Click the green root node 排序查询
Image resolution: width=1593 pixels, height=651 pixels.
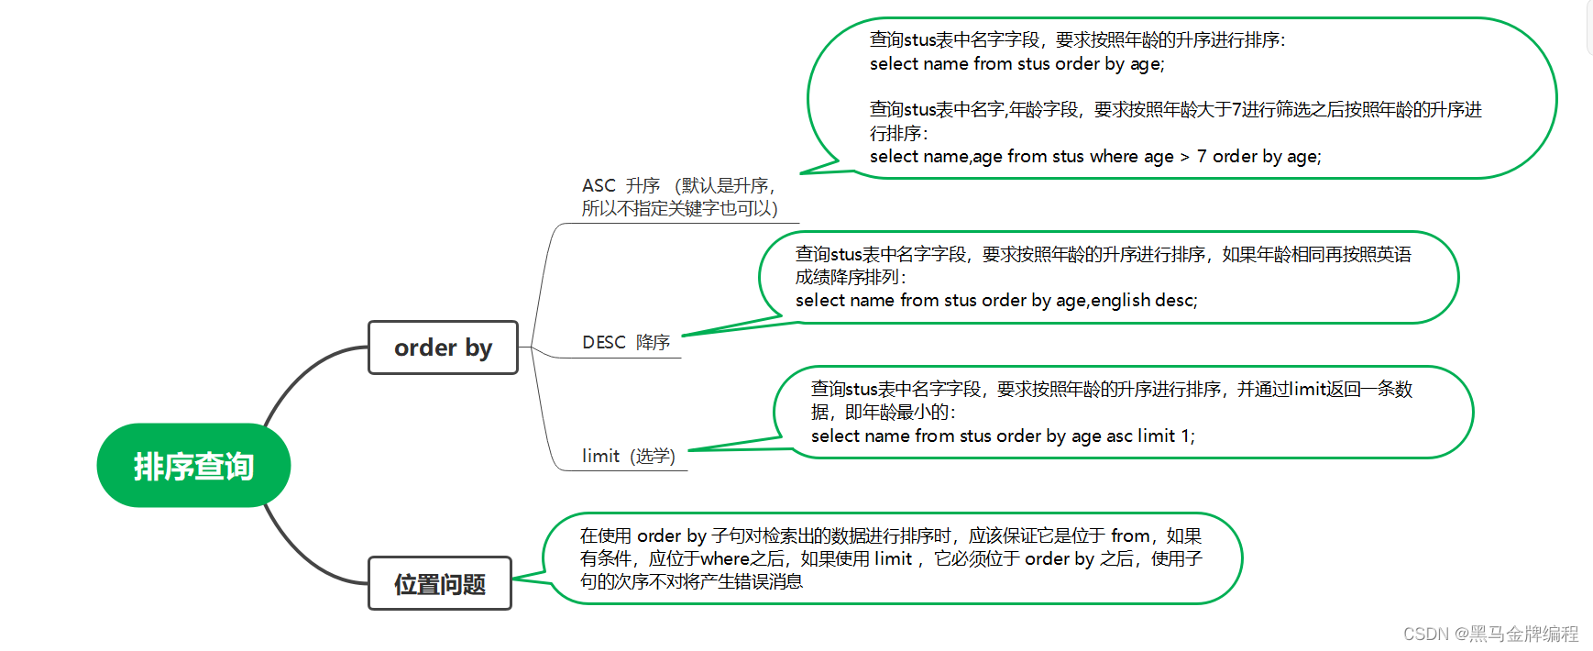193,466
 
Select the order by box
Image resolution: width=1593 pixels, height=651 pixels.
443,348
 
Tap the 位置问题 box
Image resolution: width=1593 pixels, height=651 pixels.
440,584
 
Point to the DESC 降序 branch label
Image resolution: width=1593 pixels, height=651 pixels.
626,342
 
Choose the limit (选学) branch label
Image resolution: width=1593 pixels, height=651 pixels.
628,456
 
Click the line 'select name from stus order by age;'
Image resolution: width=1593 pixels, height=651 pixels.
1016,64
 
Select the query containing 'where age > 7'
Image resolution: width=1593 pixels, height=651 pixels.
1095,157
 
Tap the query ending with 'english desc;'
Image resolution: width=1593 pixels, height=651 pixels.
996,301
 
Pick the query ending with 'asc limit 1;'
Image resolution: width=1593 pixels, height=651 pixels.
1003,436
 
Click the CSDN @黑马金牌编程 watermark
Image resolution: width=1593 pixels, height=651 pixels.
1490,634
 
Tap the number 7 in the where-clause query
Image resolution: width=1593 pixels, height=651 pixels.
1202,157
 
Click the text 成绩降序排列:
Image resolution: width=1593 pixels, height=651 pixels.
851,277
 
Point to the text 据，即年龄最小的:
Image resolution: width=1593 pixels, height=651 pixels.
884,413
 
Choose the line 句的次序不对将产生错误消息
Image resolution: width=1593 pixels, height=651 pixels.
691,581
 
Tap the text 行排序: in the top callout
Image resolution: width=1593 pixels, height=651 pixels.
898,134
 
